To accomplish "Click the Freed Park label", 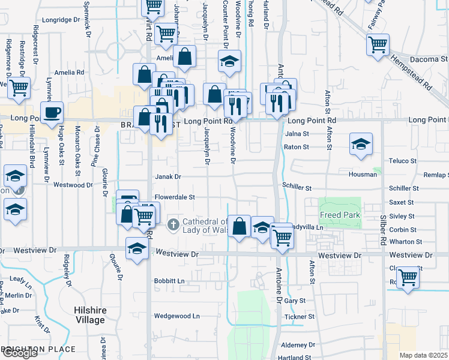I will [x=340, y=215].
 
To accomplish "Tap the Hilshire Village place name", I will [x=89, y=315].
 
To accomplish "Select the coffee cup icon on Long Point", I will [x=52, y=112].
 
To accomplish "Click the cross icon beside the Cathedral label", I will [x=173, y=224].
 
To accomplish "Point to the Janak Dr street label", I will [x=168, y=177].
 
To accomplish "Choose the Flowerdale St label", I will [x=175, y=197].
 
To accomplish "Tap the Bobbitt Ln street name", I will [x=169, y=280].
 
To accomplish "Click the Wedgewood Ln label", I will [x=176, y=316].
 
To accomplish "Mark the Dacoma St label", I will [x=429, y=59].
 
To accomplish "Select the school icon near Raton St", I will [x=361, y=144].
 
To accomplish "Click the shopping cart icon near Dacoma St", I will [x=378, y=44].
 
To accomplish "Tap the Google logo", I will [x=20, y=353].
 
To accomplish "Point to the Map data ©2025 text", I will [x=423, y=355].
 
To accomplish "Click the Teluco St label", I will [x=402, y=161].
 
